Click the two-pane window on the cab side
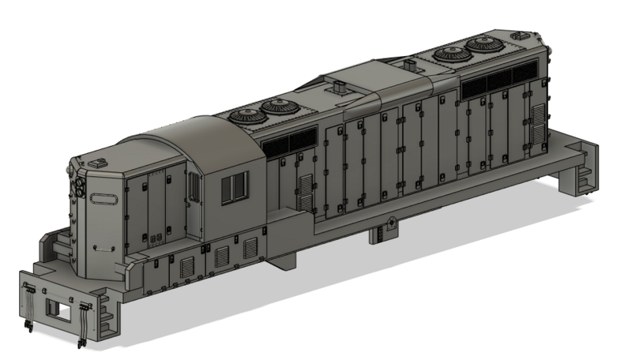(x=235, y=186)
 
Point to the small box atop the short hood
(x=100, y=162)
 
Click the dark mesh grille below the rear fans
(x=498, y=81)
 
